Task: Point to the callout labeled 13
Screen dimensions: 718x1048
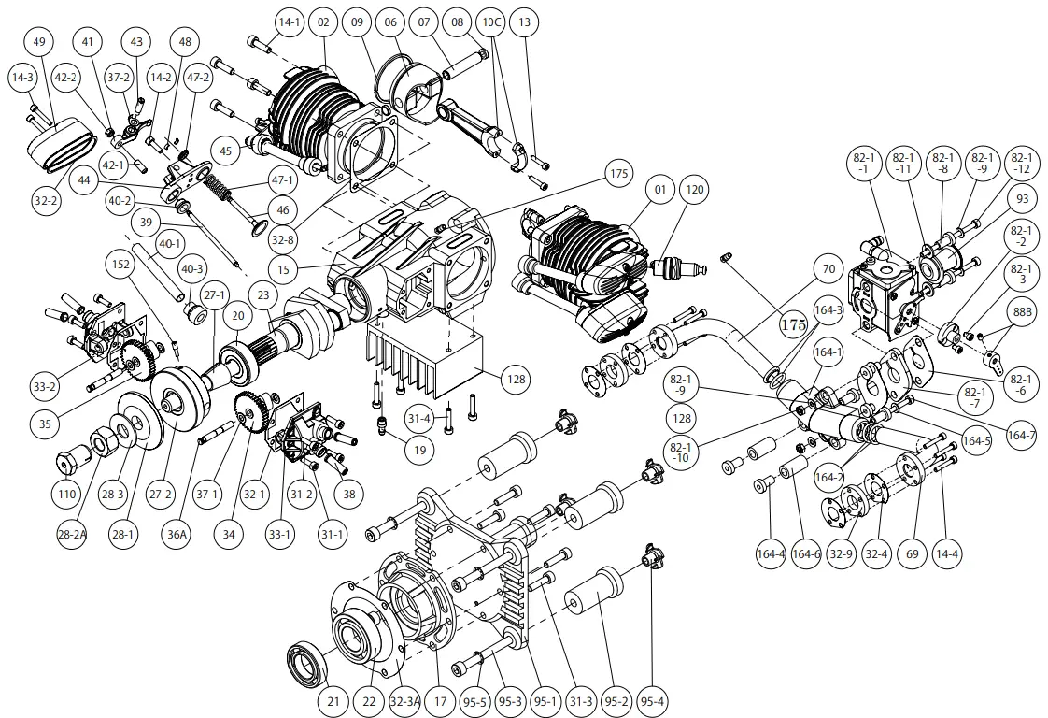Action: (524, 21)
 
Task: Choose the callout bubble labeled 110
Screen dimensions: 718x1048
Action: (66, 493)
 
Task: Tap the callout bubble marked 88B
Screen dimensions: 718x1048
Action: (1022, 312)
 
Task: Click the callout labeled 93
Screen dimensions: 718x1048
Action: (1022, 198)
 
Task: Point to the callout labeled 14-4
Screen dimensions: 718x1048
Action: (947, 553)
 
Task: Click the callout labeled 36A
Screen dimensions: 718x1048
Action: (178, 535)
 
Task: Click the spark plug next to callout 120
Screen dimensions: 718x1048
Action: (673, 270)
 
